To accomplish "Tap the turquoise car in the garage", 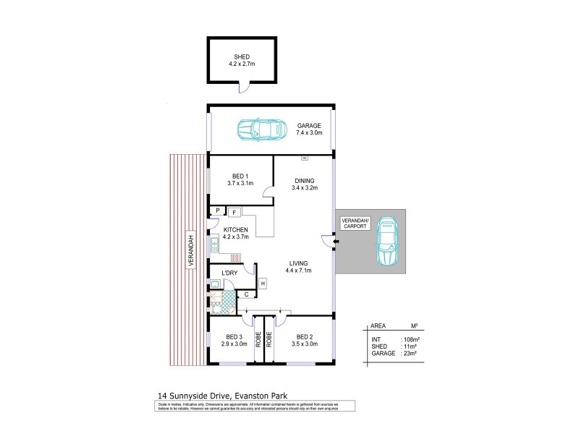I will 259,130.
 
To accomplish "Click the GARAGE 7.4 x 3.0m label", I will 309,129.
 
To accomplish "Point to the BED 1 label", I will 240,180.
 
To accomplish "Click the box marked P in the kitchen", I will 216,210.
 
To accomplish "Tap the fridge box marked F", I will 234,212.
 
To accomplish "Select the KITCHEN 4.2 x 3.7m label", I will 226,234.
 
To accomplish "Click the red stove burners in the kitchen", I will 234,258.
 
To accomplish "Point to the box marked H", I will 262,283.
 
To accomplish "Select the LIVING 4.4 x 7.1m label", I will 299,267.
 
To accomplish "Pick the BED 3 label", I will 234,340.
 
